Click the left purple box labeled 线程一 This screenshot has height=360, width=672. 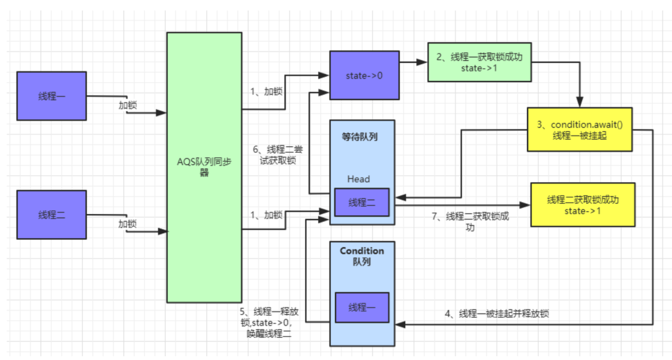[x=51, y=96]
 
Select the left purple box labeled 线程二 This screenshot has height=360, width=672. [x=51, y=215]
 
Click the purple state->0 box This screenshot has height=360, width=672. [x=364, y=75]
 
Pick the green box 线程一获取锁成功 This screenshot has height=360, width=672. [x=480, y=62]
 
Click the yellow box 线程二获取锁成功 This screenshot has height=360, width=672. [x=582, y=204]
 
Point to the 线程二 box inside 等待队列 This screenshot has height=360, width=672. [x=362, y=202]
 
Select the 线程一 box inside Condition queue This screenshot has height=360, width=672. [x=362, y=308]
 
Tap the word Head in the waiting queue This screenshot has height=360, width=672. [x=358, y=179]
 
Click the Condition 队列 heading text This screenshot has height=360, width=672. [x=362, y=256]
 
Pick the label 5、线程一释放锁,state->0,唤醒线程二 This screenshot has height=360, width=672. [x=271, y=322]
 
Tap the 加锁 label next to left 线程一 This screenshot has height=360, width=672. [x=128, y=105]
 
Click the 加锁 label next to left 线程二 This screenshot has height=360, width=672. [x=128, y=224]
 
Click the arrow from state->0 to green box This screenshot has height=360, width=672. [x=413, y=62]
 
